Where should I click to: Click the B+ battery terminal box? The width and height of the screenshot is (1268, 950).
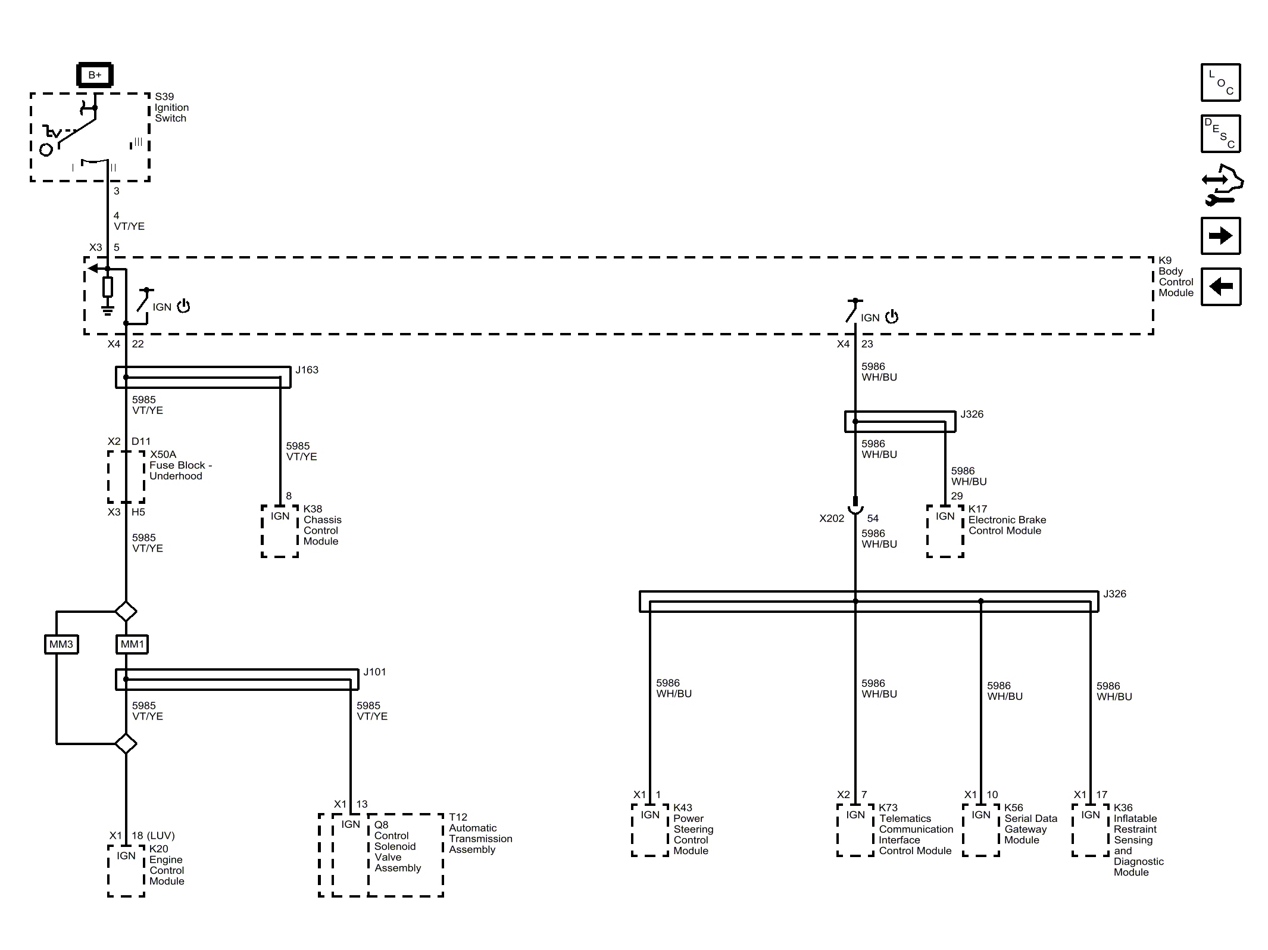pos(95,75)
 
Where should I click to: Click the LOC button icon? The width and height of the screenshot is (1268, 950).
pos(1220,82)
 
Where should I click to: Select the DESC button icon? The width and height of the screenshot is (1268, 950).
pos(1220,133)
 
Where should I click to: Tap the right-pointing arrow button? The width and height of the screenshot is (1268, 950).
pos(1220,236)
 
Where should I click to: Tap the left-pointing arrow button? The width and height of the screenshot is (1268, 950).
pos(1220,286)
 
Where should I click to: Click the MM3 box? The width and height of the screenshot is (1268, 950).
pos(61,644)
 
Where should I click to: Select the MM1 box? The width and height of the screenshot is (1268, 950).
pos(132,644)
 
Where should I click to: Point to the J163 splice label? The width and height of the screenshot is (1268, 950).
pos(307,370)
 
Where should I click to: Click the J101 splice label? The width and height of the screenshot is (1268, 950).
pos(375,672)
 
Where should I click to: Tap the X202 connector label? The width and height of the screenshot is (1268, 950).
pos(832,518)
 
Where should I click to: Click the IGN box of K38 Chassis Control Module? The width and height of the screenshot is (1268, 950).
pos(280,531)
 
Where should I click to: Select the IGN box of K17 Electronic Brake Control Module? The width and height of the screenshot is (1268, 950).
pos(945,531)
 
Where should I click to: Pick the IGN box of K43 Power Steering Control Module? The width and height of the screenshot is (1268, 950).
pos(650,830)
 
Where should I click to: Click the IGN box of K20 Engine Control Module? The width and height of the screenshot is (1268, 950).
pos(126,870)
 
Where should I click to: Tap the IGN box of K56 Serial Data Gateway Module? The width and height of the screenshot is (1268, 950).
pos(981,830)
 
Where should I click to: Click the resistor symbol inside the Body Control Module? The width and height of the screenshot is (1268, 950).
pos(108,287)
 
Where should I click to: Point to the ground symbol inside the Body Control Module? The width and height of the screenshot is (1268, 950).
pos(108,310)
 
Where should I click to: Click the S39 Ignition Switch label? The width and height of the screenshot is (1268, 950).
pos(171,107)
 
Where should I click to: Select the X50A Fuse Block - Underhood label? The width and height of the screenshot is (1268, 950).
pos(180,465)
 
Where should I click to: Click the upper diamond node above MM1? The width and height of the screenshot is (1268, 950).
pos(126,611)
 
